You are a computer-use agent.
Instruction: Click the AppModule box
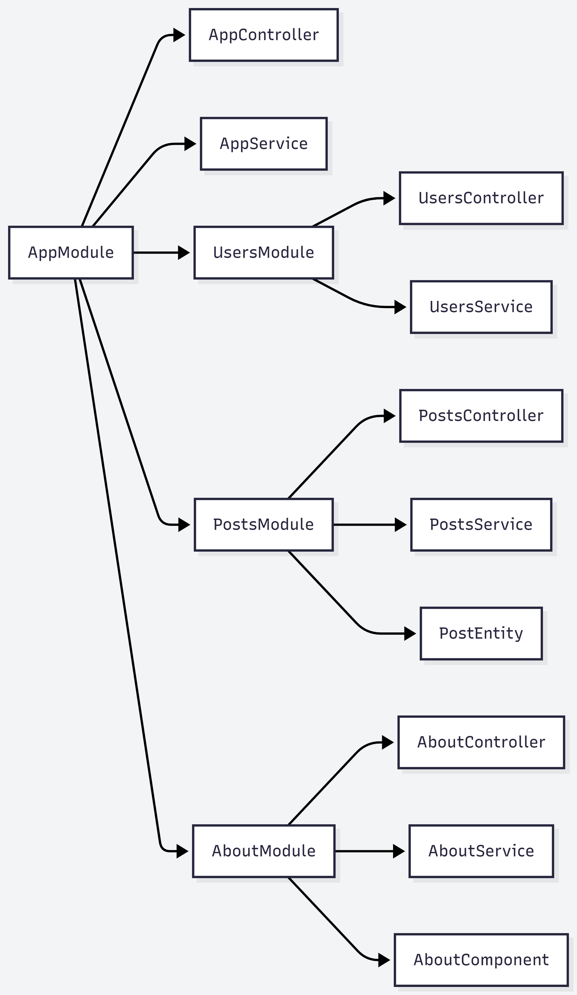point(71,252)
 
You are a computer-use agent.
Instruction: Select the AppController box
point(264,35)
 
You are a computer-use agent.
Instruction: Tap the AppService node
point(264,144)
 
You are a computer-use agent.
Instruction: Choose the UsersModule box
point(264,252)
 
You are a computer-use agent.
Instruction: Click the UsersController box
point(481,198)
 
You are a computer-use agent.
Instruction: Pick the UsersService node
point(481,307)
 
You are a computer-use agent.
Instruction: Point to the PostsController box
point(481,416)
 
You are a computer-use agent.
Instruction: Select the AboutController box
point(481,742)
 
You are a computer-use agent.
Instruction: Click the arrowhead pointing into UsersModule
point(184,252)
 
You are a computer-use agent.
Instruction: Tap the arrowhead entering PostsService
point(401,525)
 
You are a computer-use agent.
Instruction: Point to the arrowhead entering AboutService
point(399,851)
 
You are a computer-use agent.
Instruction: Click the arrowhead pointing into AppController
point(179,35)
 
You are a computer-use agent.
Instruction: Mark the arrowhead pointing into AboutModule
point(182,851)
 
